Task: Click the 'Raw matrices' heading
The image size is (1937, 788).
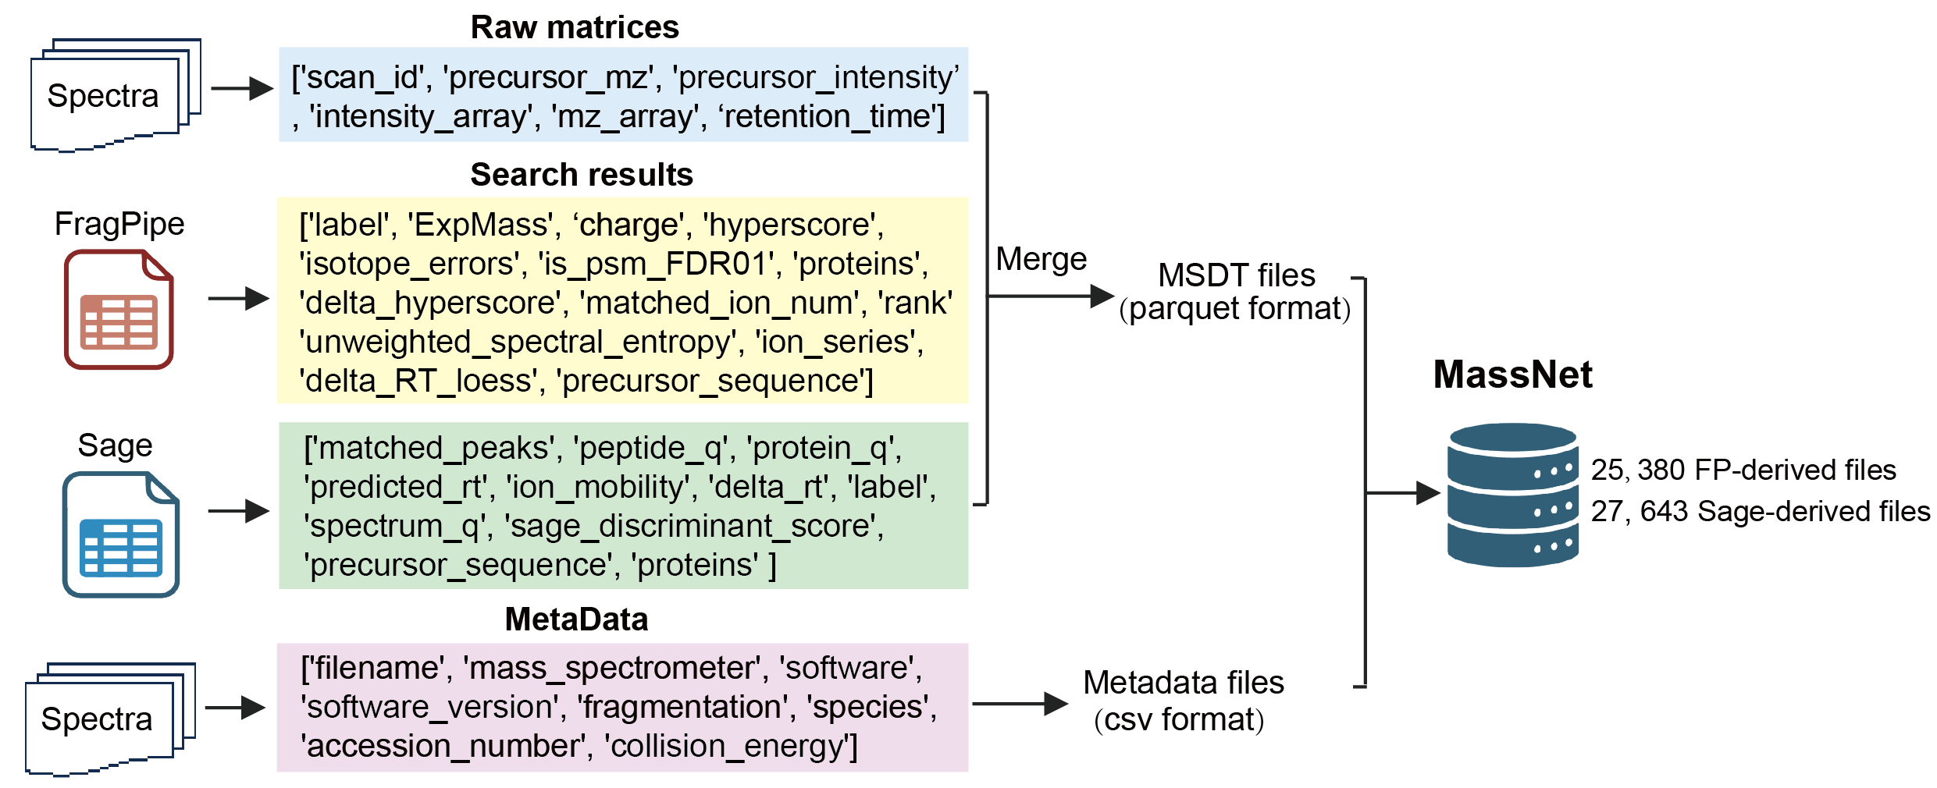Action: [575, 27]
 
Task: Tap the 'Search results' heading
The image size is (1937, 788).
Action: [582, 175]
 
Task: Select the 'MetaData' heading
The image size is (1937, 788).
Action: [576, 619]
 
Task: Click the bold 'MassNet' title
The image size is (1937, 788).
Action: [1512, 374]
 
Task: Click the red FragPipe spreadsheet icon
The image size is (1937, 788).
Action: [119, 310]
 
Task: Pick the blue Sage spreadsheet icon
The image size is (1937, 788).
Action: [121, 534]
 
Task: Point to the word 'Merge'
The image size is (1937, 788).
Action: [1041, 259]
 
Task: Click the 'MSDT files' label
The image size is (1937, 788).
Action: [1236, 275]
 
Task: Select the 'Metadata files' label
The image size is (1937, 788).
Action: [1183, 683]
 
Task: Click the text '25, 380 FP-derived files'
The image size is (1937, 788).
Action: [1743, 470]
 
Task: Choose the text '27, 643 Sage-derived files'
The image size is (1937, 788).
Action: [1760, 511]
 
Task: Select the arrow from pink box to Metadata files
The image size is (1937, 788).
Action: [1020, 704]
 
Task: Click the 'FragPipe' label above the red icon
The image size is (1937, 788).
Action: [119, 224]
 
